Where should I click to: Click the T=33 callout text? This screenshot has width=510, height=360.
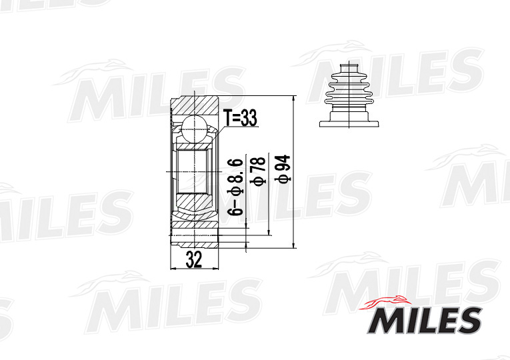coord(240,118)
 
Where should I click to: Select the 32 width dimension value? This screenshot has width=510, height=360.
coord(194,259)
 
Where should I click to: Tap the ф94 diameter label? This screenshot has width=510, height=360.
coord(283,169)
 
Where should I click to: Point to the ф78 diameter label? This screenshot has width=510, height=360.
coord(257,171)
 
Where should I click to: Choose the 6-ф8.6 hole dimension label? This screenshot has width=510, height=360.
coord(235,187)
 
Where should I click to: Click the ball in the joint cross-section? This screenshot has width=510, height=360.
coord(194,129)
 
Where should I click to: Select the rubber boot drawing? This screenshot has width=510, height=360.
coord(349,95)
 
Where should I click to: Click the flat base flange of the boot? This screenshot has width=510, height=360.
coord(349,124)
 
